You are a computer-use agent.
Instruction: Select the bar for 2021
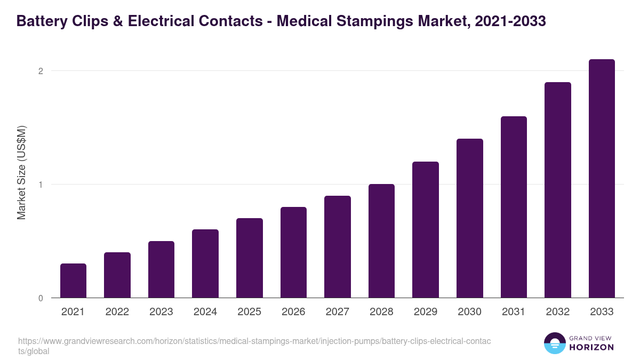[x=73, y=281]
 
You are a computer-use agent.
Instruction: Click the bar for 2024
[x=205, y=263]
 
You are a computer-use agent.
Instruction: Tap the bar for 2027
[x=337, y=247]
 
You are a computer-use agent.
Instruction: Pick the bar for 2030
[x=469, y=218]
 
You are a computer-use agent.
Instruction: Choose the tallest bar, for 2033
[x=602, y=179]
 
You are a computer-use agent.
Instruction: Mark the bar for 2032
[x=557, y=190]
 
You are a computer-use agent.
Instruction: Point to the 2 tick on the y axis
[x=40, y=71]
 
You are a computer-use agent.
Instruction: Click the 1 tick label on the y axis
[x=40, y=185]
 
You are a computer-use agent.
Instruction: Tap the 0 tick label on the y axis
[x=40, y=298]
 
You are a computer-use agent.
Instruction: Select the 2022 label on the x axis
[x=117, y=312]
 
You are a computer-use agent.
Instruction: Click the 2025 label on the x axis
[x=249, y=312]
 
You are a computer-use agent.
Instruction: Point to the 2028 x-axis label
[x=381, y=312]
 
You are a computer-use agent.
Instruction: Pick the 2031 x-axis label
[x=514, y=312]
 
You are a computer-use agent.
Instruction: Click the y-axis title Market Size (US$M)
[x=21, y=172]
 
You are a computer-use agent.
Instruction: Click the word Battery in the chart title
[x=43, y=21]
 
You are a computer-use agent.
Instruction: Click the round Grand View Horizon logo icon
[x=555, y=343]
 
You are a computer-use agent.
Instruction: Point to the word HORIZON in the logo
[x=592, y=347]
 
